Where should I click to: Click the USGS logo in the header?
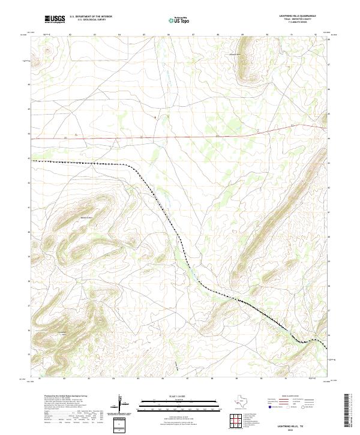tap(55, 19)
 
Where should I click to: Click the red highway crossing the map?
tap(180, 136)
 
